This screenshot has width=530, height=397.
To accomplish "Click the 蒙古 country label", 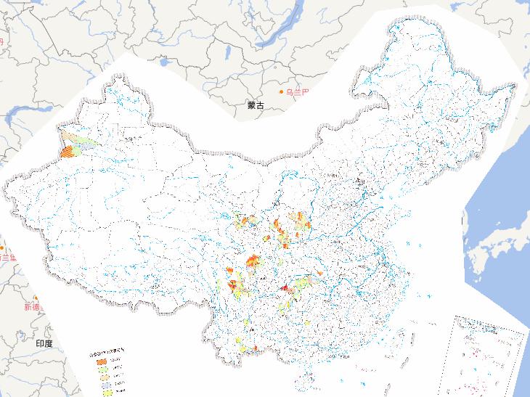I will point(256,105).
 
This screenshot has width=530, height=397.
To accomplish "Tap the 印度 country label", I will point(44,343).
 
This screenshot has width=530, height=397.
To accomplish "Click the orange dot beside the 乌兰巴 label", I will point(282,92).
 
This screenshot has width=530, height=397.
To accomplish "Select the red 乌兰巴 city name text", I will point(298,92).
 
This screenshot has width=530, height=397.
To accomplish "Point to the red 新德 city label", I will point(33,307).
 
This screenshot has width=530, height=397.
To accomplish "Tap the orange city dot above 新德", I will point(36,298).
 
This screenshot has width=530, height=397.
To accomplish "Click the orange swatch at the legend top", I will point(103,361).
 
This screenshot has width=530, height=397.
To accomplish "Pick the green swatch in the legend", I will point(103,369).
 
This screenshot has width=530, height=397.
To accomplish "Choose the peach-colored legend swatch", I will point(103,377).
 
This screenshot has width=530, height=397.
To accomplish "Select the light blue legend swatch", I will point(103,385).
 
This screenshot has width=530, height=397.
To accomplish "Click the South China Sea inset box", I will point(489,356).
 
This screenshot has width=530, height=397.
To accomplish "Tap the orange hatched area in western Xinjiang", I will point(68,152).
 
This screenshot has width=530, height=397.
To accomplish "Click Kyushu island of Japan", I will point(475,265).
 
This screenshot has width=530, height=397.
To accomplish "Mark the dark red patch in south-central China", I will point(285,289).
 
